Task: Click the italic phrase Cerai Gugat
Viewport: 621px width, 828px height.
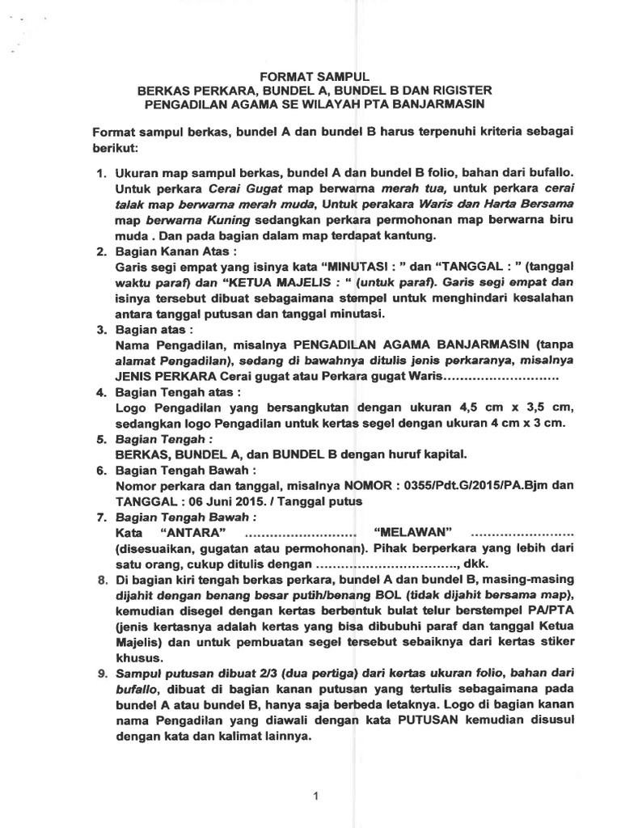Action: tap(234, 188)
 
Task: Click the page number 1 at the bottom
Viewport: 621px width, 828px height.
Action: tap(317, 796)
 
